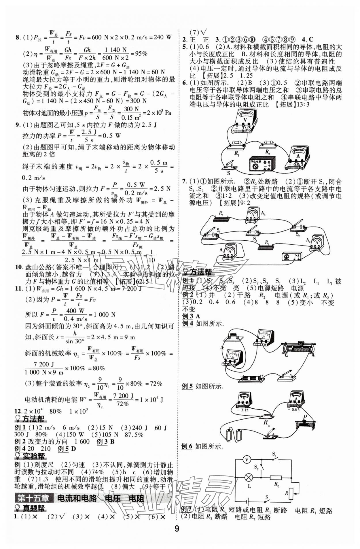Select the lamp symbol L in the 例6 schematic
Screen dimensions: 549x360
(x=248, y=478)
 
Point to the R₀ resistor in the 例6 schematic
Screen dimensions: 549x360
(x=275, y=478)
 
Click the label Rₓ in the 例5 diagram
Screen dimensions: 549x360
(x=267, y=423)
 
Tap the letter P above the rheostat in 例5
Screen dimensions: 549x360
(x=305, y=417)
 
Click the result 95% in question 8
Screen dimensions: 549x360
(x=141, y=54)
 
